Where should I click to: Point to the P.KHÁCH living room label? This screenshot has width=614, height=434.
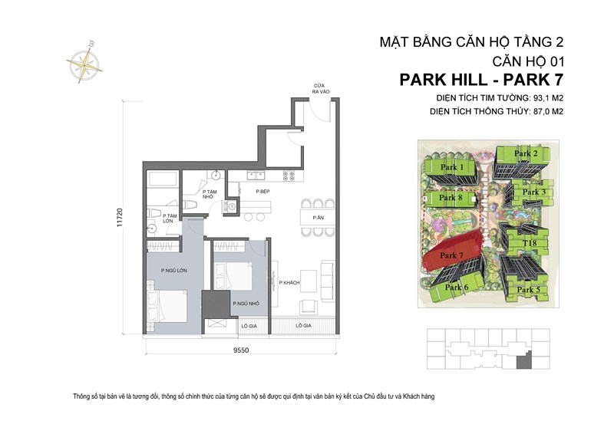[289, 282]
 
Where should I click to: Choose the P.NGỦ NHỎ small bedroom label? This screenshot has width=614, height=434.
[245, 304]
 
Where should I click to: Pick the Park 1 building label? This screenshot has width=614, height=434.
[452, 167]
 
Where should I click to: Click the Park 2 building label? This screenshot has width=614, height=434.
[526, 153]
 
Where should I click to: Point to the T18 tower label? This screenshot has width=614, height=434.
[529, 243]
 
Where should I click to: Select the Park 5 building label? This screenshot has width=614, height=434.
[528, 289]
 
